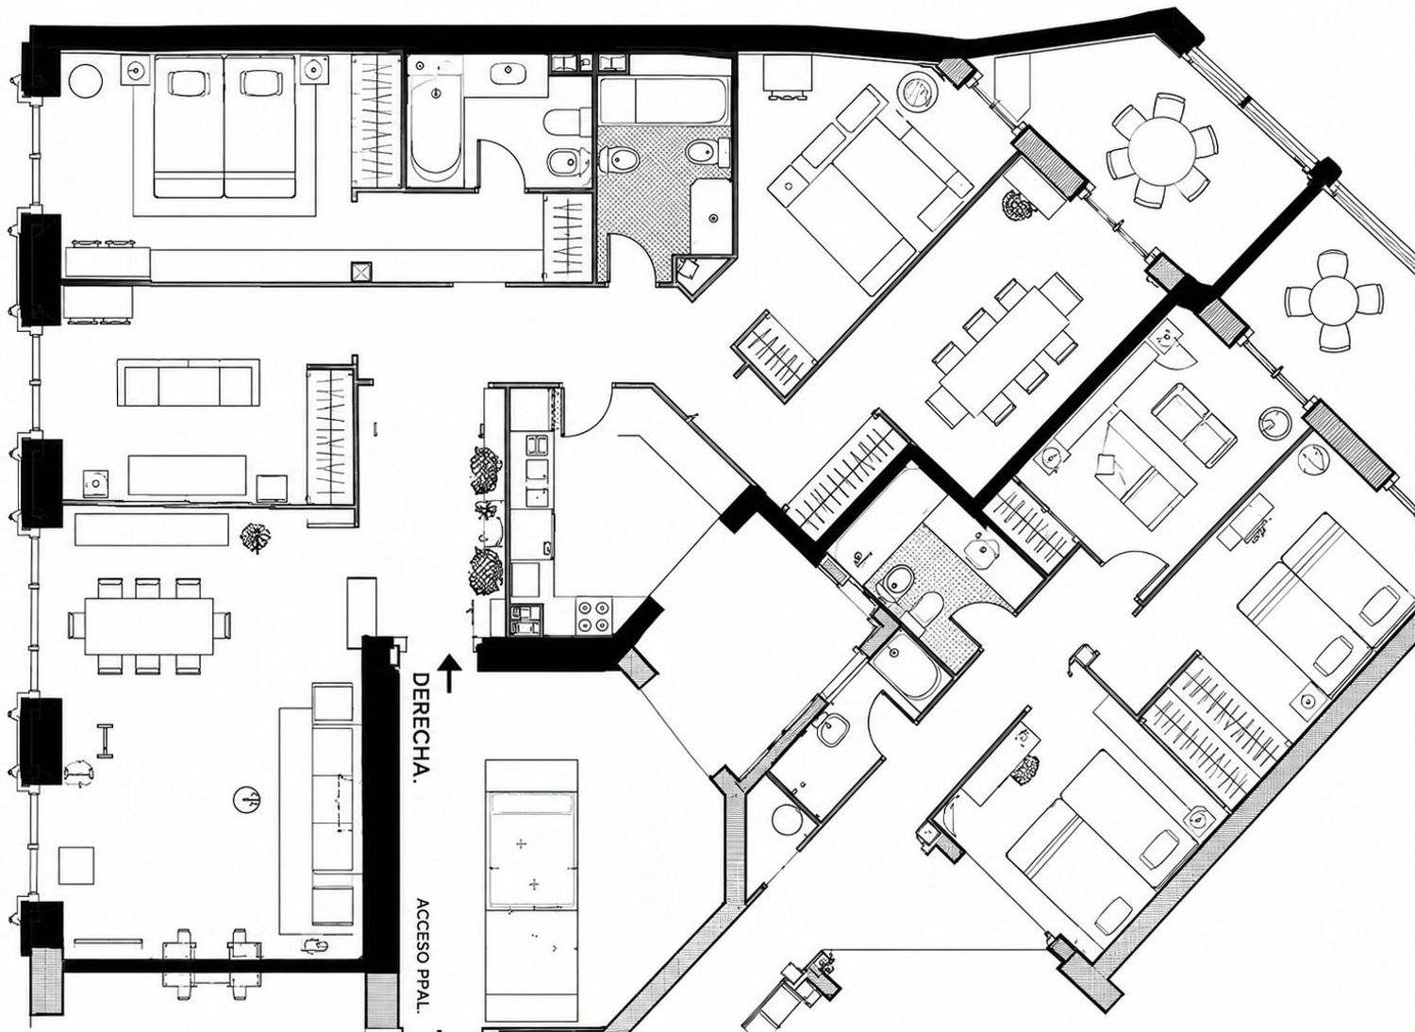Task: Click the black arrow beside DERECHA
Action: click(448, 674)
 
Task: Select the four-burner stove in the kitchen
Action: click(594, 616)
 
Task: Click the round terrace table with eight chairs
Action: click(1161, 152)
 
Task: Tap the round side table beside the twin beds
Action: click(85, 80)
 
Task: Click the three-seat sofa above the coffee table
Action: click(189, 383)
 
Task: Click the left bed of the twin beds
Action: click(189, 127)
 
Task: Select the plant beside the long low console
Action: click(256, 538)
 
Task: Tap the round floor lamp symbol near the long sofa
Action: click(247, 801)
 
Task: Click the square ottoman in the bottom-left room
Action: click(76, 866)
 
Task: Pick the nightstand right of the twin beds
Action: click(314, 69)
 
